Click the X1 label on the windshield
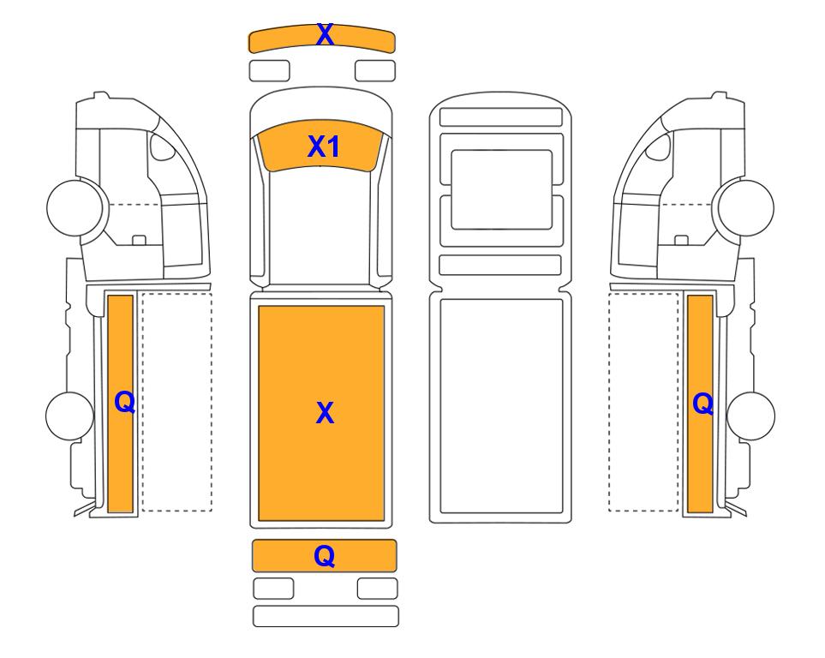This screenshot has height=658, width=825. click(x=324, y=147)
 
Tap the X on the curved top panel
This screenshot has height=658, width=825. click(x=325, y=35)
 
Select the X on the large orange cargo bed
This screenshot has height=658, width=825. click(x=325, y=413)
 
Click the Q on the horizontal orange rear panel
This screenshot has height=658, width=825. click(x=324, y=556)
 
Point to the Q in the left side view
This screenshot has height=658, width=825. click(x=125, y=403)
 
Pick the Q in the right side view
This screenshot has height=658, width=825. click(x=703, y=404)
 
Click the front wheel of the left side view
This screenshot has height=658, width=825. click(x=75, y=207)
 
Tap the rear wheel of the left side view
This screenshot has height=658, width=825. click(x=70, y=416)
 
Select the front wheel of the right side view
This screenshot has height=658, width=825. click(x=746, y=207)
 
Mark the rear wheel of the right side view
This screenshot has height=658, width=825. click(x=750, y=416)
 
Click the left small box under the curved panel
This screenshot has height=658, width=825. click(x=269, y=71)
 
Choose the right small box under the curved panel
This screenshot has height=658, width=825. click(x=375, y=71)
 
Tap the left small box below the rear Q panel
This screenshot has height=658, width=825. click(x=273, y=589)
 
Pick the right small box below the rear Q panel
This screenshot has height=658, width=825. click(x=377, y=589)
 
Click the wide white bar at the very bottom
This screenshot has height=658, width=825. click(x=326, y=616)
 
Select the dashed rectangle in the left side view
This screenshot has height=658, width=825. click(x=176, y=402)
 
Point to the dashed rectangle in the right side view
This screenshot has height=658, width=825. click(x=643, y=402)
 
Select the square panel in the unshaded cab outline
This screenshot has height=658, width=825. click(x=502, y=189)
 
